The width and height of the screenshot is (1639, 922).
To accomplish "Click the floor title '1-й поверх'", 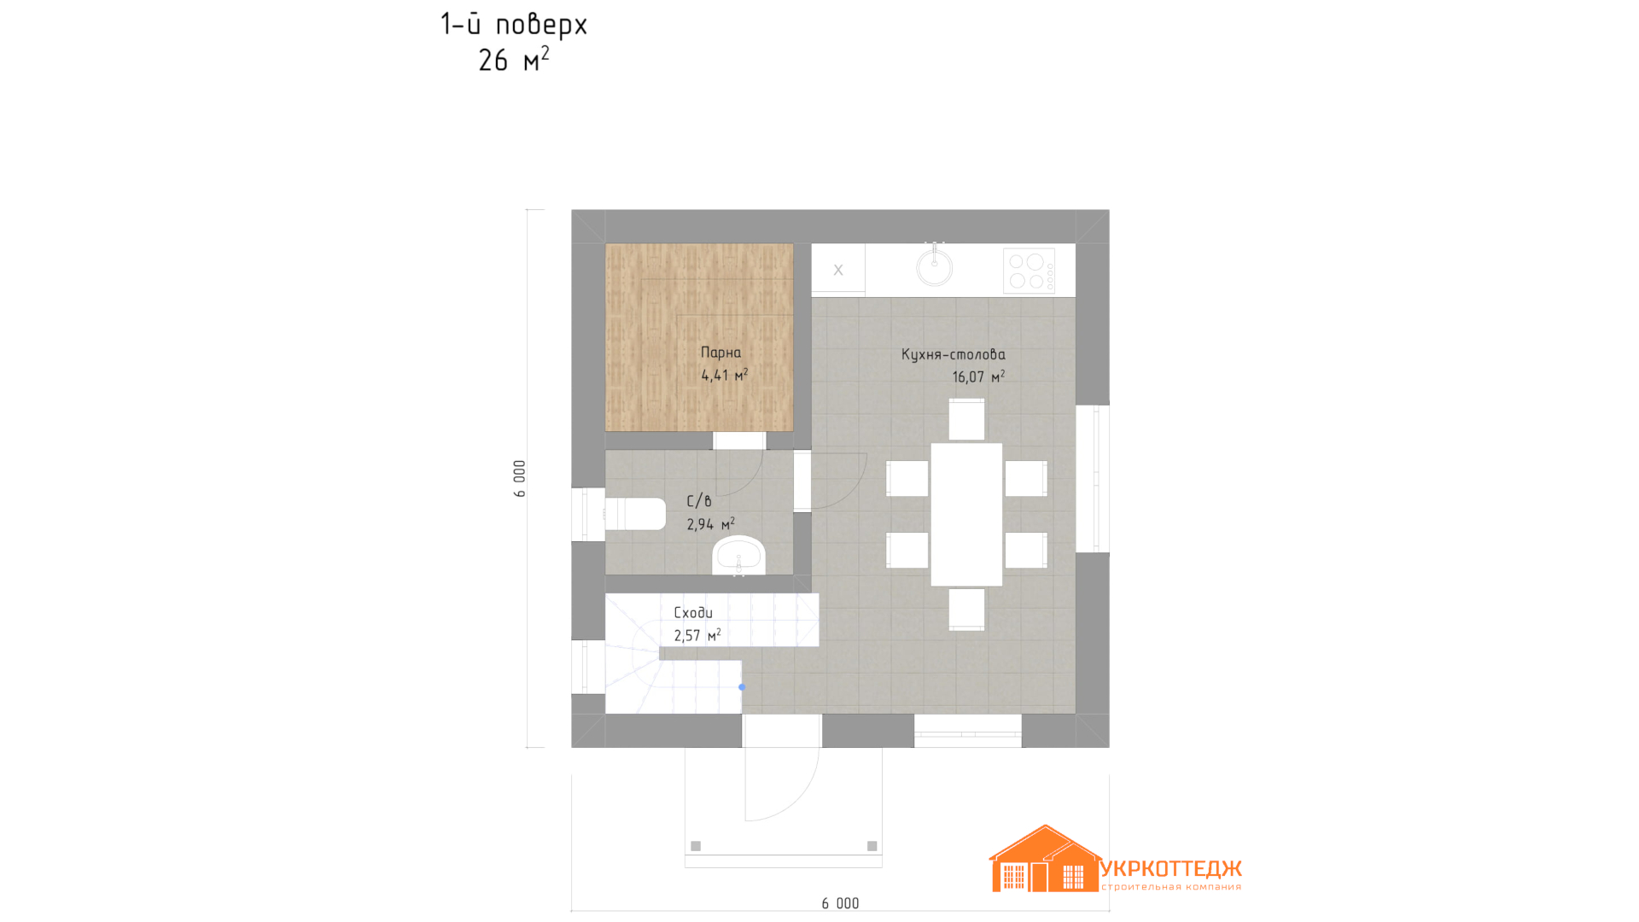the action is click(514, 25).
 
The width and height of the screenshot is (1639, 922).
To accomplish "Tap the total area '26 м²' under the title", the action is click(513, 60).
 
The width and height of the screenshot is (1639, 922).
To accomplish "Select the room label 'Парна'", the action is click(720, 352).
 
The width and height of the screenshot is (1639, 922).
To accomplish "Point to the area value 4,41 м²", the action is click(724, 375).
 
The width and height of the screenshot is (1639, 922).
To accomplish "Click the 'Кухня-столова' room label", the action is click(954, 353).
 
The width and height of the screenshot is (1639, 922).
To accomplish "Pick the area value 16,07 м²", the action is click(978, 376).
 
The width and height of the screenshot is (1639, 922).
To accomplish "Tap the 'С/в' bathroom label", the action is click(699, 501).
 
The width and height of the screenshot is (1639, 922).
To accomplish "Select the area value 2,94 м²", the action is click(710, 524).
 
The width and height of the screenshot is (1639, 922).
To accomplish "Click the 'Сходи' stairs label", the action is click(693, 612).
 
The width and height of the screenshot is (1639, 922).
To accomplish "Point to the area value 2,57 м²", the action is click(697, 635).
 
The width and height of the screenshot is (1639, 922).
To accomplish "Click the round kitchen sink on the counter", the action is click(935, 266).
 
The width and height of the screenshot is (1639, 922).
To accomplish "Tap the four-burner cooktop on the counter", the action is click(1029, 271).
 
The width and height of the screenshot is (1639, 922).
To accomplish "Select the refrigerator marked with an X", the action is click(838, 270).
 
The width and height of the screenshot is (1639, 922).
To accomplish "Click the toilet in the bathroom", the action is click(634, 514).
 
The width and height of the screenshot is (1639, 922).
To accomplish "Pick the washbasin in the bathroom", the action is click(739, 556).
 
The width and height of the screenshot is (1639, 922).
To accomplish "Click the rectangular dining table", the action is click(966, 515).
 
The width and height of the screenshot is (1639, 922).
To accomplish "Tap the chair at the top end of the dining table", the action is click(966, 419).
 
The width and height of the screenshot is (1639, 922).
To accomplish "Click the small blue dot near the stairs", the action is click(742, 687).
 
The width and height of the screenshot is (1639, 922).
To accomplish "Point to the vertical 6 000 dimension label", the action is click(520, 478).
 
